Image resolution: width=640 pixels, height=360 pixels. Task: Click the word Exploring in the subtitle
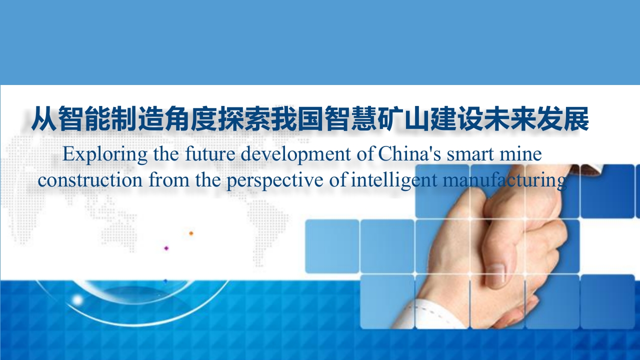point(105,154)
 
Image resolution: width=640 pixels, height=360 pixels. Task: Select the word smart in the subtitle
point(470,154)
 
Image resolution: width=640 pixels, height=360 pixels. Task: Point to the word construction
point(90,180)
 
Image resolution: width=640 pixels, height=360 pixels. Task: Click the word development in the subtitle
point(295,154)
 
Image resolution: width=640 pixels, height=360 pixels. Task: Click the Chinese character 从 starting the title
point(43,118)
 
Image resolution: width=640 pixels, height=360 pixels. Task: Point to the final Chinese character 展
point(575,118)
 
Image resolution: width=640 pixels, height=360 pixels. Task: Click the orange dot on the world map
point(191,233)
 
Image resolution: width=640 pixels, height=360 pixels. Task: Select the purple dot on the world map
point(166,248)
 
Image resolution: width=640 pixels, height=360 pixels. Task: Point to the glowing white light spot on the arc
point(77,300)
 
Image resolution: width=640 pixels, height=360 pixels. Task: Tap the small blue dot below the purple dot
point(165,281)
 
